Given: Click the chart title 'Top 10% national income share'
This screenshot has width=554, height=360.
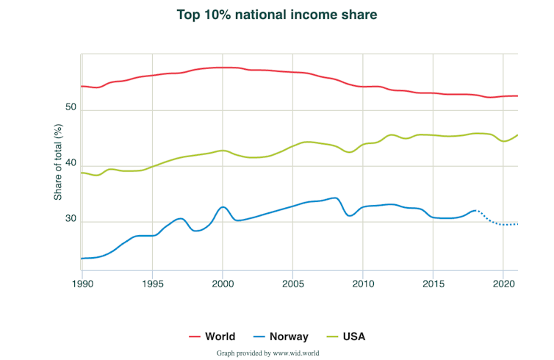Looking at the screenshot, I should tap(277, 15).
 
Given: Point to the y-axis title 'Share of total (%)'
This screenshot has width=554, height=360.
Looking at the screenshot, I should tap(58, 162).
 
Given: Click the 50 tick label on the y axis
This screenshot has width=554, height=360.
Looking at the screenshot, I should tap(71, 108).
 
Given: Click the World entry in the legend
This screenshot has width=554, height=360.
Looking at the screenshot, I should tap(212, 336).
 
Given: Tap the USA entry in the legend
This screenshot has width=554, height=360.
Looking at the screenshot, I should tap(344, 336).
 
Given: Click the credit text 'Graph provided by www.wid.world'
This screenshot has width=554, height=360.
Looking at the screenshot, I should tap(267, 353).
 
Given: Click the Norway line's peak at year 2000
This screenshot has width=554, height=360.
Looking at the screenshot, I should tap(223, 207).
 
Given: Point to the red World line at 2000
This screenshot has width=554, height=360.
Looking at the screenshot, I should tap(223, 68).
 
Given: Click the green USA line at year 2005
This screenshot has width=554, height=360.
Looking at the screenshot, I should tap(292, 146).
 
